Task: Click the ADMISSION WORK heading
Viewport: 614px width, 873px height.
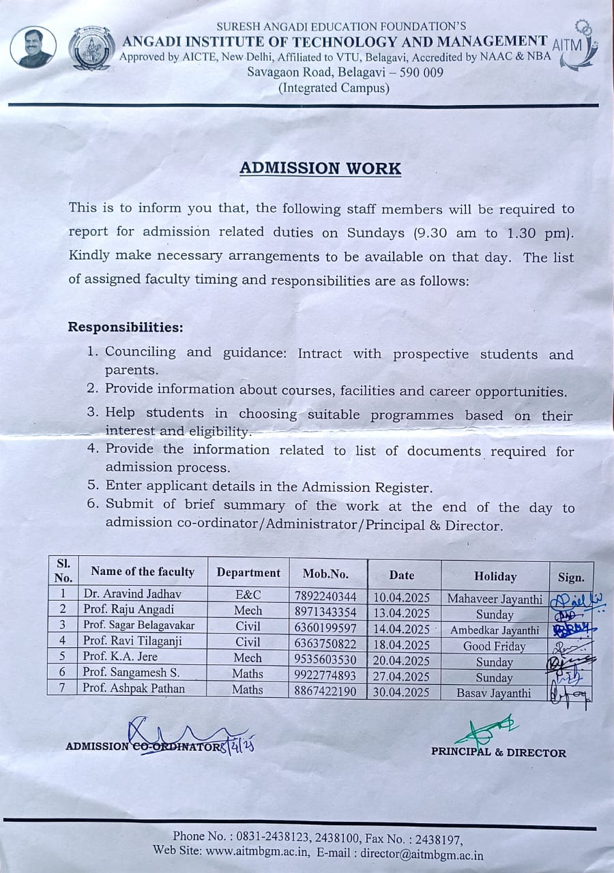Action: point(320,168)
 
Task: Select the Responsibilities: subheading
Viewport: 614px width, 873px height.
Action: point(126,327)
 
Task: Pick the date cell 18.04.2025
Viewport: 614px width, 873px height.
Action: point(402,645)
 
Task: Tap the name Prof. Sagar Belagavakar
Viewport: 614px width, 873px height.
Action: point(138,625)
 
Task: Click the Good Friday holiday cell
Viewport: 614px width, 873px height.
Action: point(494,646)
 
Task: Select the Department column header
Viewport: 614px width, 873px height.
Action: point(248,573)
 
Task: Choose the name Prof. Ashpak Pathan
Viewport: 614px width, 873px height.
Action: point(134,688)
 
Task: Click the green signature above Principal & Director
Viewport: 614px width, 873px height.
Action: point(486,730)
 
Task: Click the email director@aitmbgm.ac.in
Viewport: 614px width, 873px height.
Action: point(422,855)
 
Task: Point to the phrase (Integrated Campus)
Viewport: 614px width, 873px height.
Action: point(334,88)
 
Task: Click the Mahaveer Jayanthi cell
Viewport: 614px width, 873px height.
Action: point(495,599)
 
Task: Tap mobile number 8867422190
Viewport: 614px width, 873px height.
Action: point(325,691)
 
